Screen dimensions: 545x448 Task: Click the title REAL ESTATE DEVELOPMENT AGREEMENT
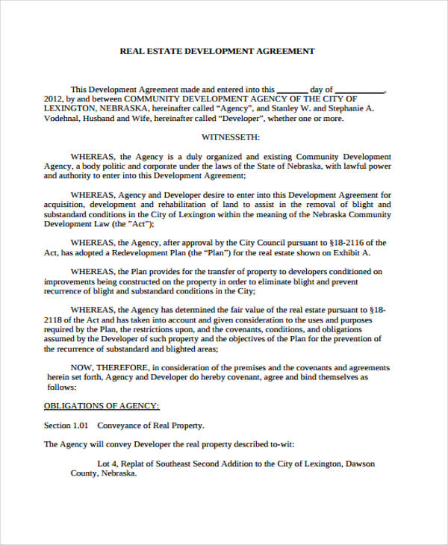(x=217, y=52)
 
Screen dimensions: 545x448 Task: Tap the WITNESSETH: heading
(x=231, y=137)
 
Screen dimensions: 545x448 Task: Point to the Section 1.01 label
(x=66, y=426)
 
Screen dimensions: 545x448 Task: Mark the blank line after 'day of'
(x=360, y=89)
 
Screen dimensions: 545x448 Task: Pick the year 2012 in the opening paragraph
(x=53, y=99)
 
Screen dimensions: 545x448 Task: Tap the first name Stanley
(x=289, y=108)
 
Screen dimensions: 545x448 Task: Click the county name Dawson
(x=360, y=464)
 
